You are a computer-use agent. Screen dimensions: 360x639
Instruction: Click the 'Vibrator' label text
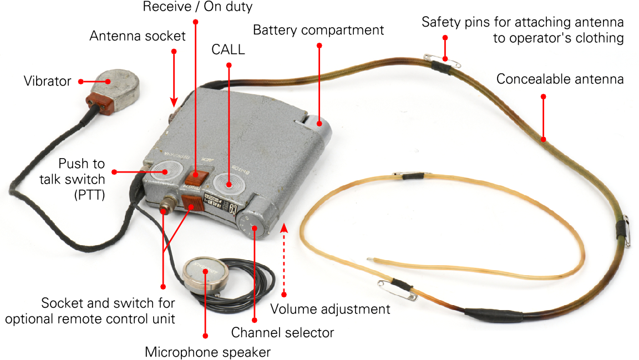point(47,82)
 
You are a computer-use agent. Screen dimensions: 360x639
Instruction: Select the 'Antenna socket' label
point(138,37)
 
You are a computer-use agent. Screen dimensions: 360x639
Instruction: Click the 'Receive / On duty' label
point(197,7)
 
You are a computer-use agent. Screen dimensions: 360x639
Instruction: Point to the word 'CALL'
point(228,49)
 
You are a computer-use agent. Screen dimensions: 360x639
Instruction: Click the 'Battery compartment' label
point(318,30)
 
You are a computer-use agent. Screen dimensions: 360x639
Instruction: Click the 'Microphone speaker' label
point(207,352)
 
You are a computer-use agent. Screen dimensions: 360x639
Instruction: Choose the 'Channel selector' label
point(282,333)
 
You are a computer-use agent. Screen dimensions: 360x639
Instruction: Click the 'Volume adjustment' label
point(330,308)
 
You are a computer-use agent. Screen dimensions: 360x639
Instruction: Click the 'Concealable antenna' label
point(560,79)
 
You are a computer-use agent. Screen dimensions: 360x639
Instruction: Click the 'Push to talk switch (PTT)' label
point(82,179)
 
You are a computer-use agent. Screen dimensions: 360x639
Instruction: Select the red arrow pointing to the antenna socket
point(174,78)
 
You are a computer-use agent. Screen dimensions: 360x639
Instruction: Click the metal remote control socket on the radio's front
point(165,210)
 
